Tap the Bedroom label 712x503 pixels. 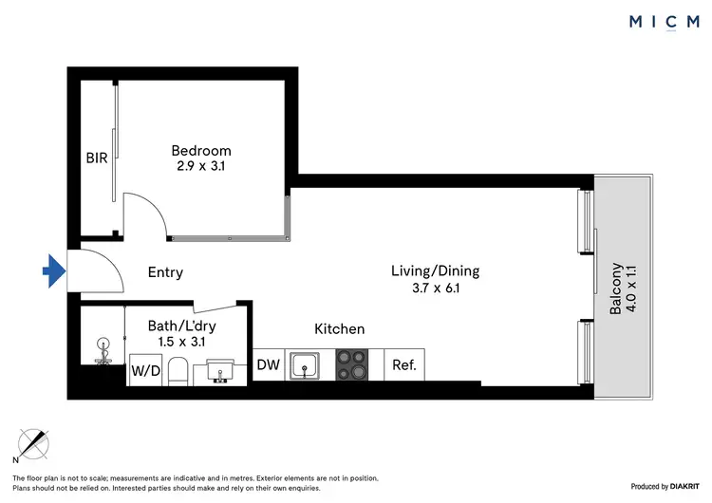(200, 150)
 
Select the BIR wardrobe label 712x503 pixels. (97, 158)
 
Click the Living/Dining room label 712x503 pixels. (435, 270)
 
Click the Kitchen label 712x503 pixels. (340, 328)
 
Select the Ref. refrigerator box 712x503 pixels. (404, 364)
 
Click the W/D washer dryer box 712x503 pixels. (144, 370)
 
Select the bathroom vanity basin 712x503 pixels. (220, 371)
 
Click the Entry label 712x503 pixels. (165, 272)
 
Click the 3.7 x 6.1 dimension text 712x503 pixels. (435, 289)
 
